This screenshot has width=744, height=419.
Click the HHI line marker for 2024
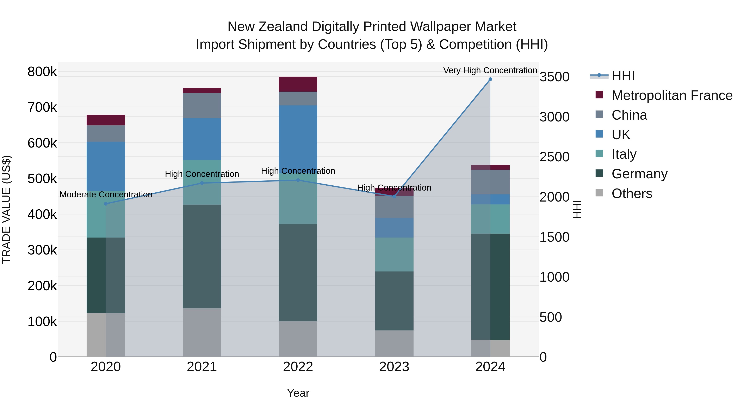click(490, 79)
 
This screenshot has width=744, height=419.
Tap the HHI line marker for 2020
click(106, 204)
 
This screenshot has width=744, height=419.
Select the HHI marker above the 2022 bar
click(298, 180)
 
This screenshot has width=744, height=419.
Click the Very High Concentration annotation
click(490, 70)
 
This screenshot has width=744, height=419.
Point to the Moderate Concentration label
click(106, 195)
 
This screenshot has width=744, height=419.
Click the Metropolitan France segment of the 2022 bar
click(298, 84)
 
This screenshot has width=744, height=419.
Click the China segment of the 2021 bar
click(202, 106)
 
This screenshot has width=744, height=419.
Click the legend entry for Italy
click(624, 154)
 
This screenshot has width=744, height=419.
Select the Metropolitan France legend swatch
click(599, 95)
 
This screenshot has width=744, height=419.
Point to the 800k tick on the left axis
click(42, 72)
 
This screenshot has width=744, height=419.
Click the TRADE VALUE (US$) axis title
click(6, 209)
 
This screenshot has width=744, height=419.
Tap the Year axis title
click(298, 393)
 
